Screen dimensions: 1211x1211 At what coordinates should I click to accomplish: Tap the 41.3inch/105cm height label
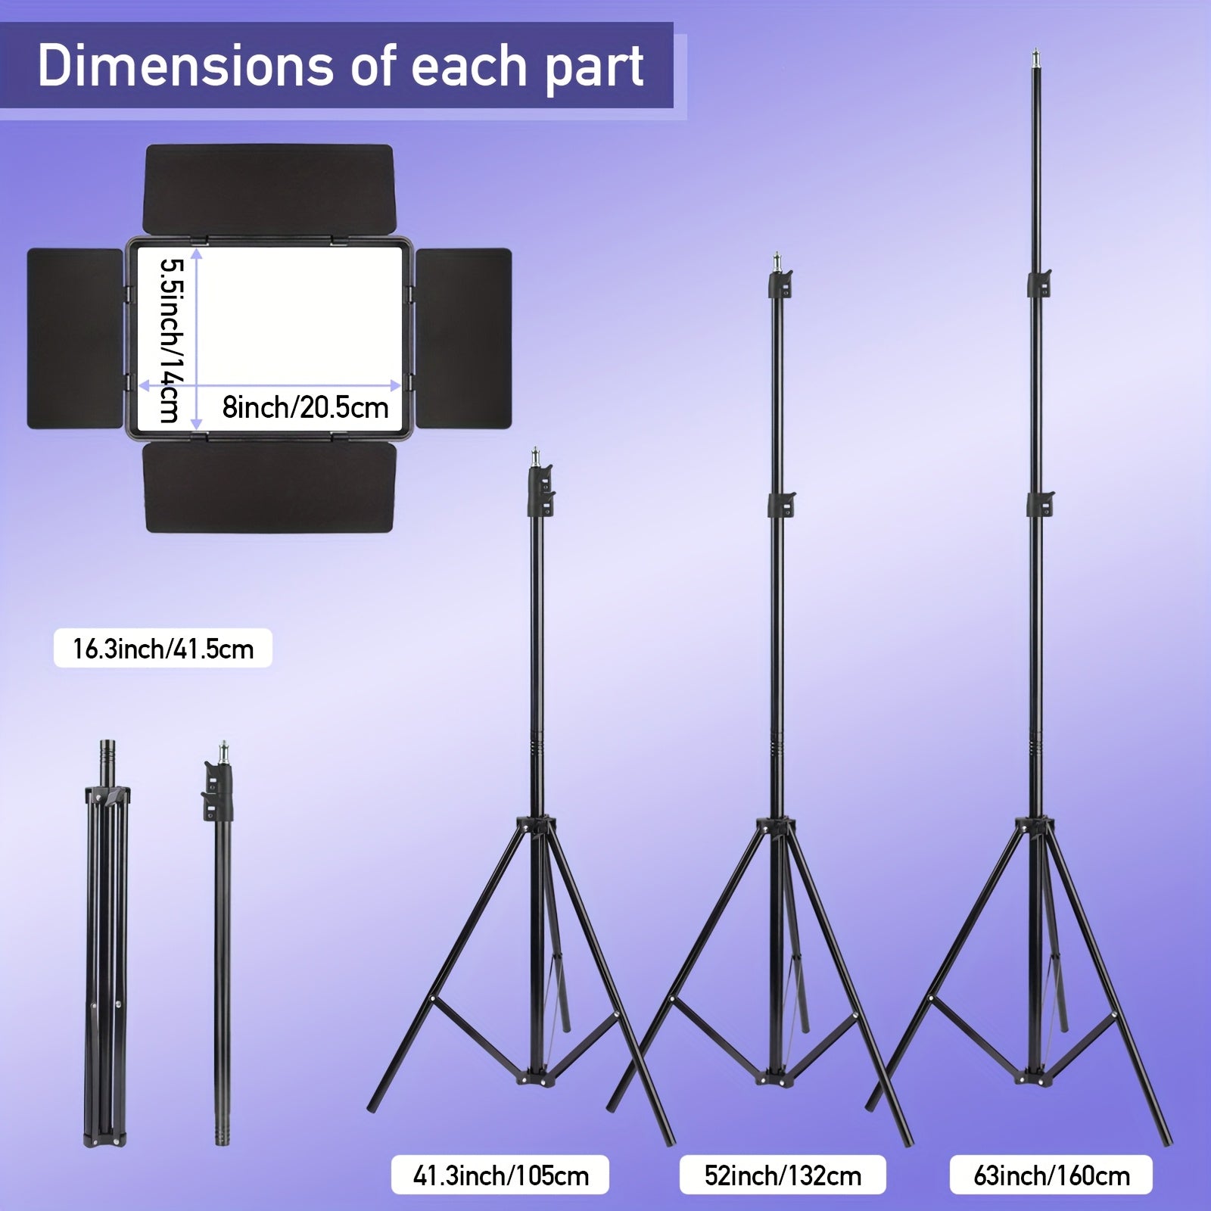[x=500, y=1175]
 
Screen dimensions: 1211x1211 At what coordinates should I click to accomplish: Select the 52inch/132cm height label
[x=783, y=1175]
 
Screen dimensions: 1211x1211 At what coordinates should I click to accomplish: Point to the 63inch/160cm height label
[x=1051, y=1175]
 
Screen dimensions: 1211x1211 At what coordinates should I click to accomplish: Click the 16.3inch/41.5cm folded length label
[x=163, y=648]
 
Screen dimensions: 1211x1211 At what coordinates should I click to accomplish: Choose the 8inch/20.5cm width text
[x=305, y=407]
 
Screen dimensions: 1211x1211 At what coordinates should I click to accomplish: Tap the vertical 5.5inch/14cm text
[x=170, y=341]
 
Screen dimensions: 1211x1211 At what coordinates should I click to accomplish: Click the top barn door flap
[x=269, y=189]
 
